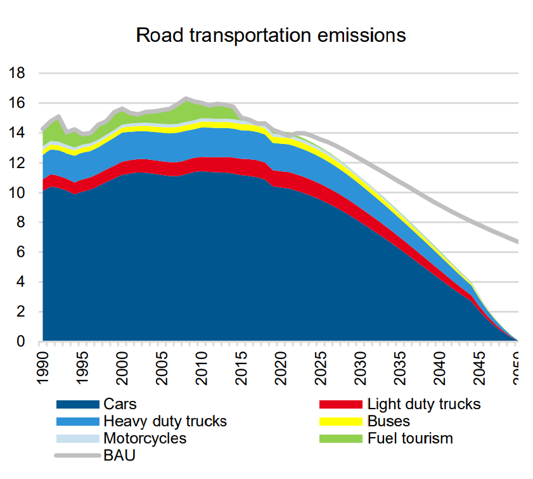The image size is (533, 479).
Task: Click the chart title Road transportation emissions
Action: click(271, 35)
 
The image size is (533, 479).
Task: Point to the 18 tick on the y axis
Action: click(17, 73)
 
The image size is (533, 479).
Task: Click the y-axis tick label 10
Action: click(17, 192)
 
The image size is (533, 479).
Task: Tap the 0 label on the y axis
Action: click(21, 342)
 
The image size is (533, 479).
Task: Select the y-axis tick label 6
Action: click(21, 253)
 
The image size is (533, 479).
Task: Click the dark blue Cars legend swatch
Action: click(77, 404)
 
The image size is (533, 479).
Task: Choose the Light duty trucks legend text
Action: click(424, 404)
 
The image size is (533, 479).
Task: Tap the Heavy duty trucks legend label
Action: click(165, 421)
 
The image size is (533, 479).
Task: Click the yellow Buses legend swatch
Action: click(341, 421)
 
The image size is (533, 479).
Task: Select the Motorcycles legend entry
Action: click(144, 438)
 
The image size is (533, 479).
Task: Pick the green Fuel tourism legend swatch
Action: click(341, 438)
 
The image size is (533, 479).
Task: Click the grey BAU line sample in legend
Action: click(77, 456)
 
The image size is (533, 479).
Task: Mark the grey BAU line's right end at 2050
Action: click(518, 242)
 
